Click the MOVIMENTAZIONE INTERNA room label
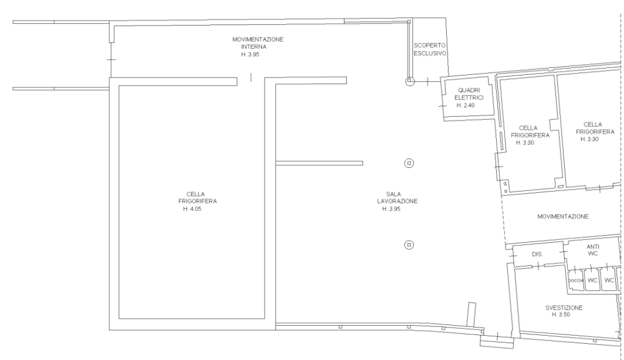[x=258, y=43]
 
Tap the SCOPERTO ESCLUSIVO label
[x=430, y=49]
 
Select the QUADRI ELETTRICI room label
[x=469, y=94]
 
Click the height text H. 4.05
[x=192, y=209]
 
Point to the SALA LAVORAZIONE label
[x=397, y=198]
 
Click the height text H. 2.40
[x=466, y=105]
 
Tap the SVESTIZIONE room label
[x=564, y=308]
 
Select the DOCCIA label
[x=575, y=280]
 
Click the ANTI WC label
[x=593, y=250]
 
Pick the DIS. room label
[x=537, y=254]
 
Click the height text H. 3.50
[x=561, y=314]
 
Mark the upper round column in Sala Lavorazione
[x=409, y=163]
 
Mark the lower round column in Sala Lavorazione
[x=409, y=245]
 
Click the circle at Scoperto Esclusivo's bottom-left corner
[x=410, y=82]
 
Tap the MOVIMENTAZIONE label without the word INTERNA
[x=563, y=216]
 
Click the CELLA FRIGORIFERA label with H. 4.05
[x=197, y=198]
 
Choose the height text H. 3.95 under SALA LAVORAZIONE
[x=391, y=209]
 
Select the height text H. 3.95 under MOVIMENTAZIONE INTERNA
[x=250, y=54]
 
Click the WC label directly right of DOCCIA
[x=593, y=280]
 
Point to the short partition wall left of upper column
[x=319, y=163]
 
